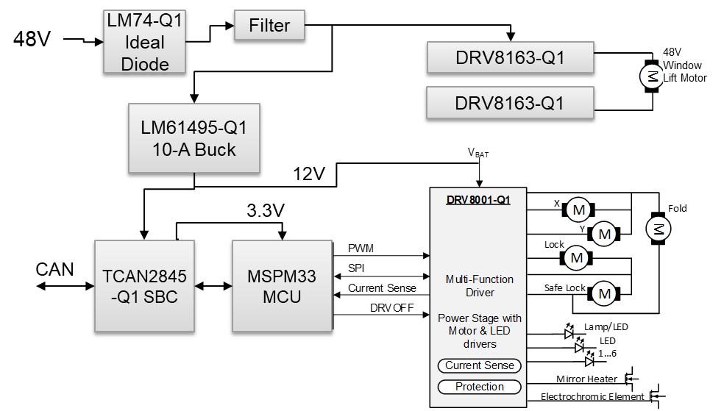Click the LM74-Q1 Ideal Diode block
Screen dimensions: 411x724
coord(144,42)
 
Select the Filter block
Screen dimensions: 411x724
coord(269,25)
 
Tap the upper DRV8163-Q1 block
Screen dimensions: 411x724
coord(510,57)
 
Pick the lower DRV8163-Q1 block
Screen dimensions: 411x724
coord(510,103)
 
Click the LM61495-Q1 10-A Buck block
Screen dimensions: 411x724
coord(194,138)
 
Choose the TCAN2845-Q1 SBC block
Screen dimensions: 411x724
coord(144,286)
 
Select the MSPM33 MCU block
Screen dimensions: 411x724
coord(282,286)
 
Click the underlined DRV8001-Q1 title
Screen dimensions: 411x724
coord(478,200)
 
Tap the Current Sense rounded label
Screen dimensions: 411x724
coord(480,365)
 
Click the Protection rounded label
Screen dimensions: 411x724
coord(480,387)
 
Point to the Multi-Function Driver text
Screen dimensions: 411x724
coord(480,286)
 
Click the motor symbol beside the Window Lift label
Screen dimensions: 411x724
coord(651,76)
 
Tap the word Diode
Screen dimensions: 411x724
coord(145,64)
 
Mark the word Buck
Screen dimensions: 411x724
coord(211,150)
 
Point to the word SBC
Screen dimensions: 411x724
coord(160,297)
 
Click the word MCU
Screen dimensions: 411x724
coord(282,297)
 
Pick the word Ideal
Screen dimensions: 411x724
coord(145,42)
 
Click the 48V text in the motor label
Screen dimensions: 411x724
coord(672,53)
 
